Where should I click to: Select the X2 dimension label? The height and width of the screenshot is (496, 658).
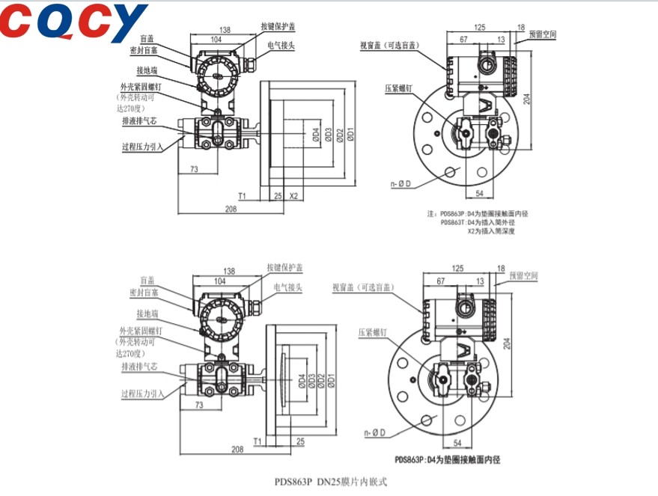point(294,195)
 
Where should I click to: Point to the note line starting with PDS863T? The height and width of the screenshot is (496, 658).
point(484,222)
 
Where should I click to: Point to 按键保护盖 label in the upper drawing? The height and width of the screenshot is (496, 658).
point(278,26)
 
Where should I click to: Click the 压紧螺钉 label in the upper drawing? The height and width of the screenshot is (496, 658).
point(400,88)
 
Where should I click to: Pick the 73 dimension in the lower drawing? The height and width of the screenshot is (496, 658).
point(199,404)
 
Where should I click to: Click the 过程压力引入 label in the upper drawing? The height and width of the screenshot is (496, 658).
point(142,147)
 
